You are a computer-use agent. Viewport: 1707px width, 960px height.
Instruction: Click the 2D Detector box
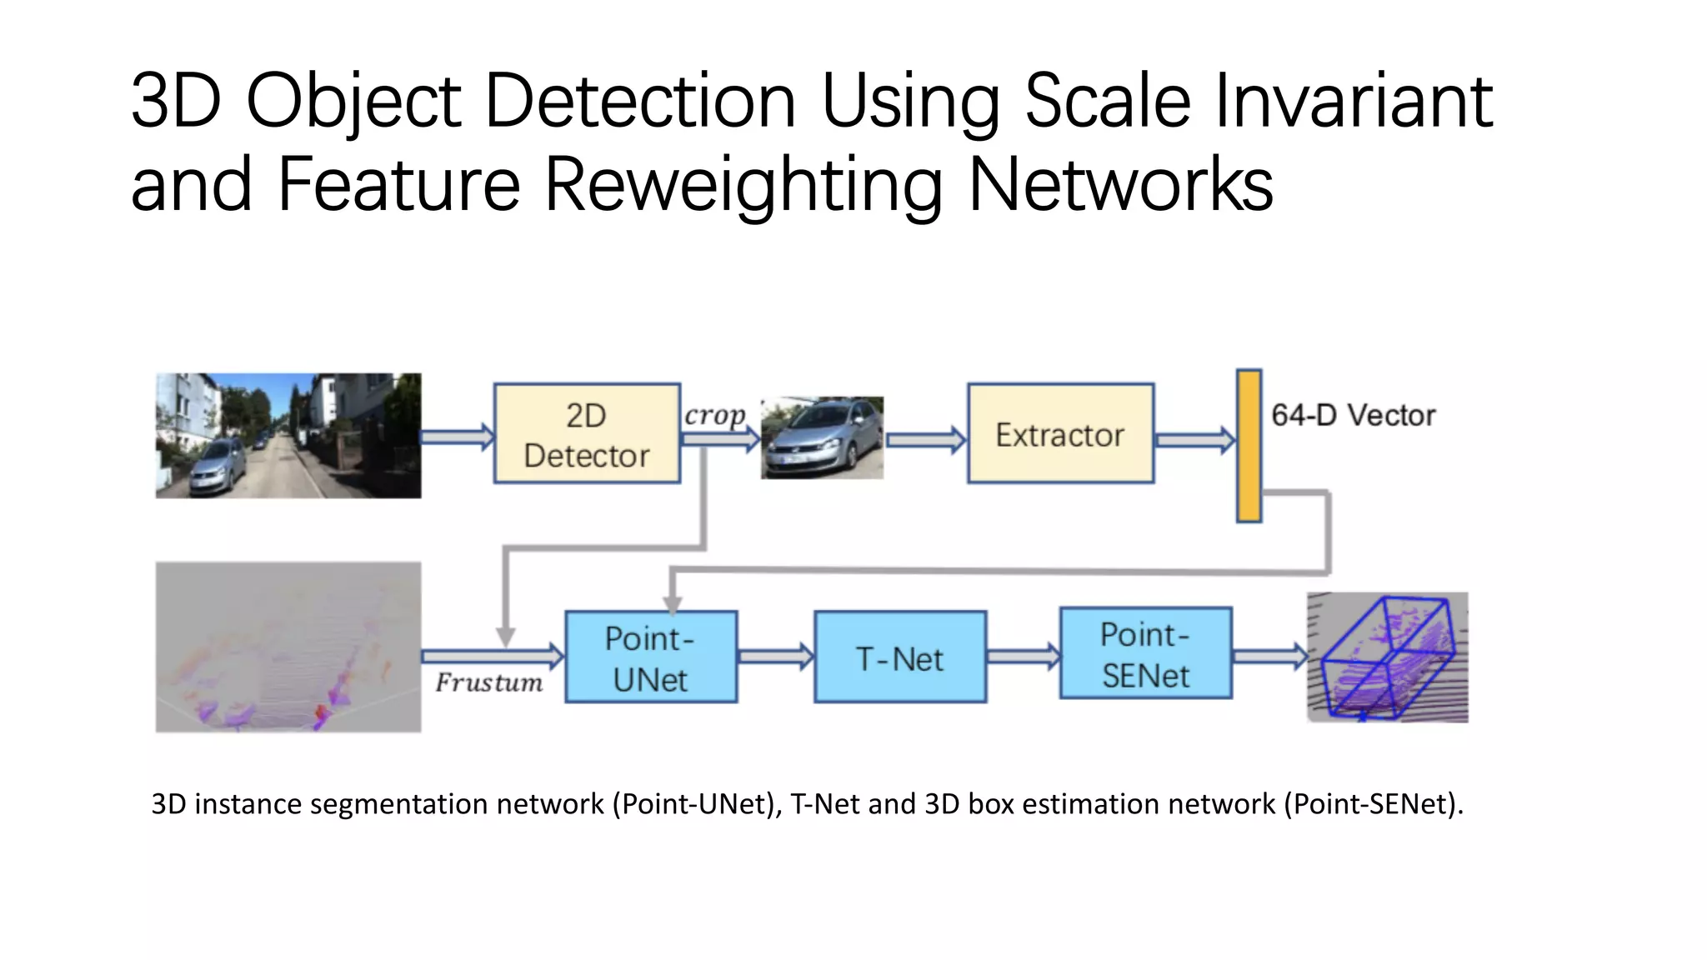tap(587, 433)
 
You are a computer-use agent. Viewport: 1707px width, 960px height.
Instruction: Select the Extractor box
tap(1060, 433)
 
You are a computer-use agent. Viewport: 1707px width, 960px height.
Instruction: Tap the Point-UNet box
tap(651, 657)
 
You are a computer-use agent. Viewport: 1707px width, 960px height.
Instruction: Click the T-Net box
tap(900, 657)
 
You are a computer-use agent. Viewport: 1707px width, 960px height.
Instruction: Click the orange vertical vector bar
tap(1249, 447)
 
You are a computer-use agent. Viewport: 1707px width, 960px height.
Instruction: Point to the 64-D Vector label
tap(1353, 415)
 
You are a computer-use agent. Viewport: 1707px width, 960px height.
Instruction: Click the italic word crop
tap(714, 415)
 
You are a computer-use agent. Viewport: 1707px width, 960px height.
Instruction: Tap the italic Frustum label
tap(488, 682)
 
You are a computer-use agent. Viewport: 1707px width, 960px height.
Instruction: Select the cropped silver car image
tap(822, 437)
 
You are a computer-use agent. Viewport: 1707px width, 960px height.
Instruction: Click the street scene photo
tap(288, 436)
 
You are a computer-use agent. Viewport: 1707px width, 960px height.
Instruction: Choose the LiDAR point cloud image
tap(288, 647)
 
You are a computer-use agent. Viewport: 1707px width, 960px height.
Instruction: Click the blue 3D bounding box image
tap(1388, 657)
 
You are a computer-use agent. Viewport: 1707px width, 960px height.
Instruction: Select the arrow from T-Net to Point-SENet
tap(1023, 657)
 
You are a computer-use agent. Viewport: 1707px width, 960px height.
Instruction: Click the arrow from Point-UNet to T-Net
tap(775, 657)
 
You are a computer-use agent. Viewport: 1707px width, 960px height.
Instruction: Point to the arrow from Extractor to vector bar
tap(1194, 440)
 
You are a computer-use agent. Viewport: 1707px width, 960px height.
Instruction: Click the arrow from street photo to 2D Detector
tap(457, 437)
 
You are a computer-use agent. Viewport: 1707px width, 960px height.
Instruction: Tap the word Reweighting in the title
tap(743, 184)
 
